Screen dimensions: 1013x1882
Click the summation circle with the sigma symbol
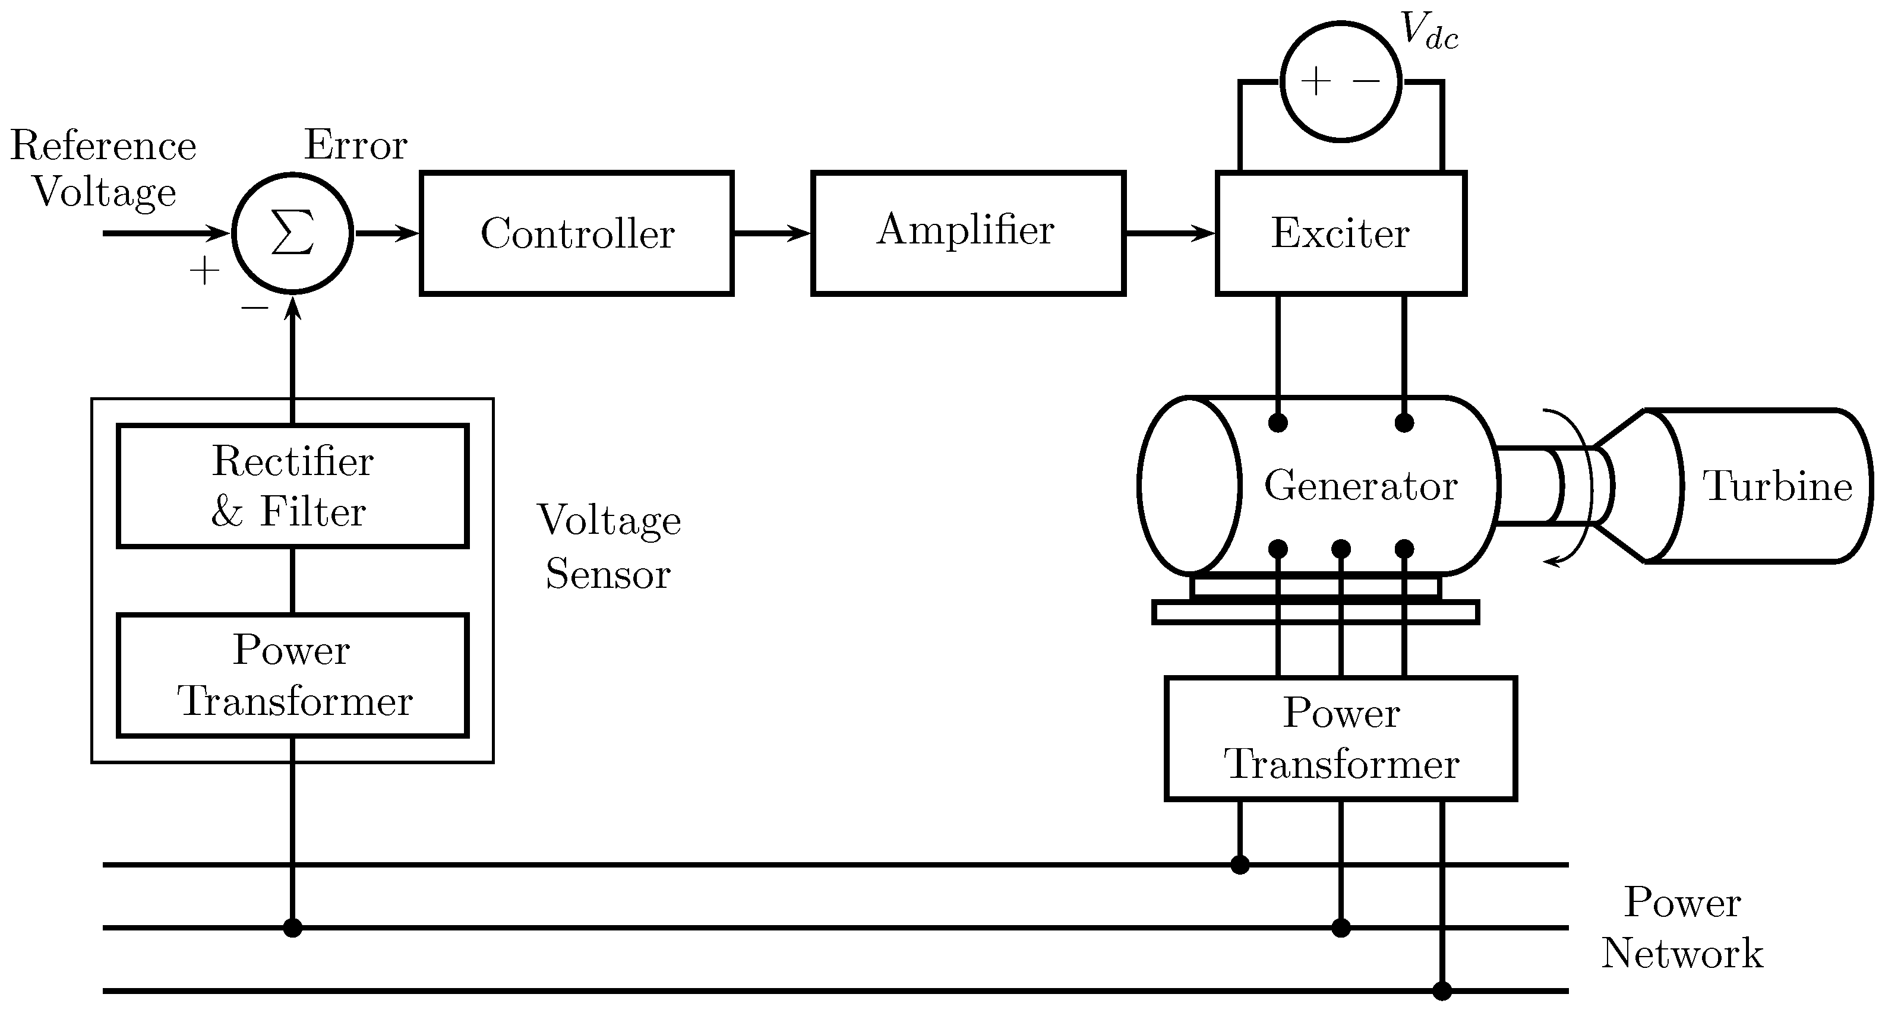(292, 234)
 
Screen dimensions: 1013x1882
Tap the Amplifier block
(968, 234)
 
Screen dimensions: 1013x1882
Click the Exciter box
(1341, 234)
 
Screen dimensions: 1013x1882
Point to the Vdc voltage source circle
(1341, 81)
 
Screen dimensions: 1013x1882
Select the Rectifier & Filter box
(292, 486)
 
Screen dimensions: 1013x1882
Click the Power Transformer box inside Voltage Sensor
(292, 676)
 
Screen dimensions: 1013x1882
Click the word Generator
(1360, 486)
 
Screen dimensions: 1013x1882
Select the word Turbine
(1777, 486)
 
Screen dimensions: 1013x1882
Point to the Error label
(355, 145)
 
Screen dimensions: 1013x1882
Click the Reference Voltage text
(104, 169)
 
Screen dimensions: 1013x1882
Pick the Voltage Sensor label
(608, 546)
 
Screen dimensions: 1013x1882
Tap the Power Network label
(1682, 927)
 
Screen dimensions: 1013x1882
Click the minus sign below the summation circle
(254, 308)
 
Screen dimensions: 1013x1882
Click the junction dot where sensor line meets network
(292, 927)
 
